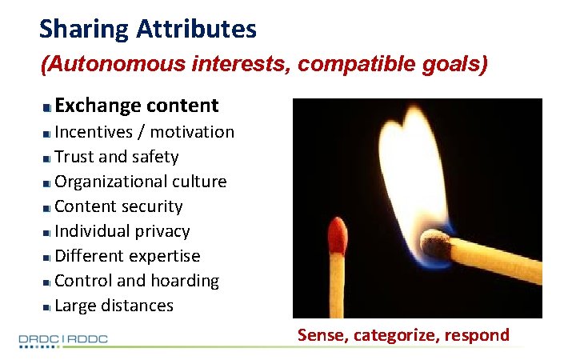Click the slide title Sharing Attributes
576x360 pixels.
pyautogui.click(x=148, y=30)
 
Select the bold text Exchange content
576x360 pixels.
pyautogui.click(x=136, y=106)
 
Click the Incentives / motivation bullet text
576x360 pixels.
pyautogui.click(x=144, y=132)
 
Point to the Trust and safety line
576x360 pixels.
pyautogui.click(x=116, y=157)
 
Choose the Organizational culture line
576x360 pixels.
pyautogui.click(x=140, y=182)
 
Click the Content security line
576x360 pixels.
pyautogui.click(x=118, y=206)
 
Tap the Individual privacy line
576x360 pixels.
pyautogui.click(x=122, y=231)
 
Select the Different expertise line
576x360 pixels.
pyautogui.click(x=127, y=256)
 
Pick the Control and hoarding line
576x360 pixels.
pyautogui.click(x=136, y=281)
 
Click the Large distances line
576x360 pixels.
pyautogui.click(x=114, y=306)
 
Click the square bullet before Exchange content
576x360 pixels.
pyautogui.click(x=48, y=106)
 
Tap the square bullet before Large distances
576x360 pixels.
pyautogui.click(x=48, y=306)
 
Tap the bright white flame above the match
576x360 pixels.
pyautogui.click(x=416, y=160)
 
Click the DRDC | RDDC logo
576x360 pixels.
pyautogui.click(x=63, y=339)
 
